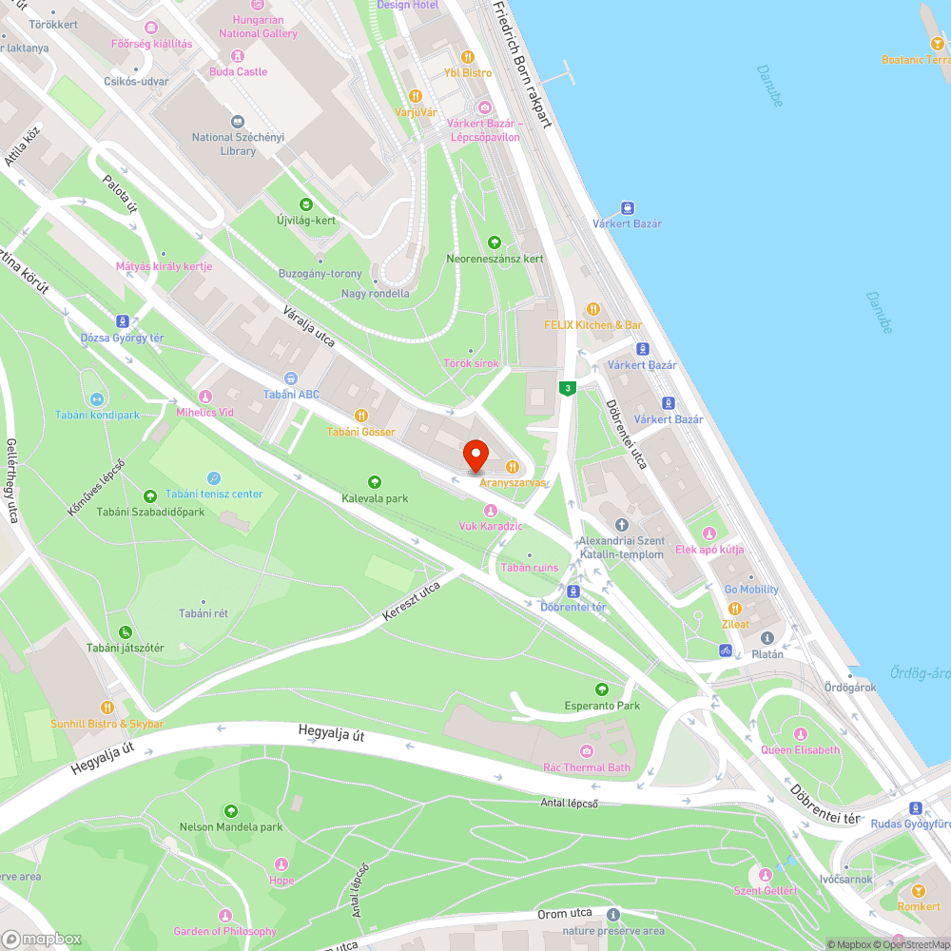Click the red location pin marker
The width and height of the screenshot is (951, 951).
[x=475, y=456]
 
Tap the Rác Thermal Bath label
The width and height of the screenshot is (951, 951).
[x=587, y=767]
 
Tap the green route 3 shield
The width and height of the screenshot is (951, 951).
[x=568, y=388]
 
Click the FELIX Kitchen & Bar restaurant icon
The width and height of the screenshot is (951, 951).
[x=593, y=308]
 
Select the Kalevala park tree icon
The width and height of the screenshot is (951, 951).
[x=375, y=482]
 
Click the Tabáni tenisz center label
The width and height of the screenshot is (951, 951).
[x=214, y=494]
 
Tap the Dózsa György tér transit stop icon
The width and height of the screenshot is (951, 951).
[x=123, y=321]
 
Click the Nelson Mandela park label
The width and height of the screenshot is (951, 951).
[x=231, y=826]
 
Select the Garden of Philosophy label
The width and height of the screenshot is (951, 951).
[x=225, y=931]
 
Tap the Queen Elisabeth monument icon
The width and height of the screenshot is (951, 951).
[x=801, y=733]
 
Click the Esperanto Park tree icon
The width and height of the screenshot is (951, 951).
[x=602, y=689]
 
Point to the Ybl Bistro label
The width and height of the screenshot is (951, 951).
[x=468, y=72]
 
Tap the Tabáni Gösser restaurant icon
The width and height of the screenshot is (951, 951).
[x=361, y=416]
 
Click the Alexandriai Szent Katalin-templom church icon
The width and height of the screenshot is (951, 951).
[x=622, y=525]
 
